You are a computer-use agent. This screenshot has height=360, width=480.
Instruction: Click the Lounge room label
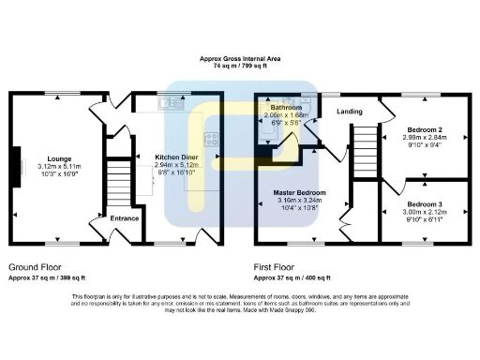pyautogui.click(x=48, y=158)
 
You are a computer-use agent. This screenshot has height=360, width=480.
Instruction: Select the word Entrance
pyautogui.click(x=125, y=218)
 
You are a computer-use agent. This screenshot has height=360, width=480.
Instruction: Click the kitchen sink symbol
pyautogui.click(x=169, y=103)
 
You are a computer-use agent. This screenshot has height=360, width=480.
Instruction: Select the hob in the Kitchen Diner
pyautogui.click(x=212, y=142)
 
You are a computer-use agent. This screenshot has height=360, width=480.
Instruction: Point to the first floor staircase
pyautogui.click(x=364, y=150)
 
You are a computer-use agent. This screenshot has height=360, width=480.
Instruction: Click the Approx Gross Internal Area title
pyautogui.click(x=240, y=58)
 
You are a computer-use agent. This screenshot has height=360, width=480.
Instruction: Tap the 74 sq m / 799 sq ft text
pyautogui.click(x=240, y=66)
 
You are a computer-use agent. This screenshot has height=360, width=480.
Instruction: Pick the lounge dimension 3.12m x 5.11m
pyautogui.click(x=48, y=167)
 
